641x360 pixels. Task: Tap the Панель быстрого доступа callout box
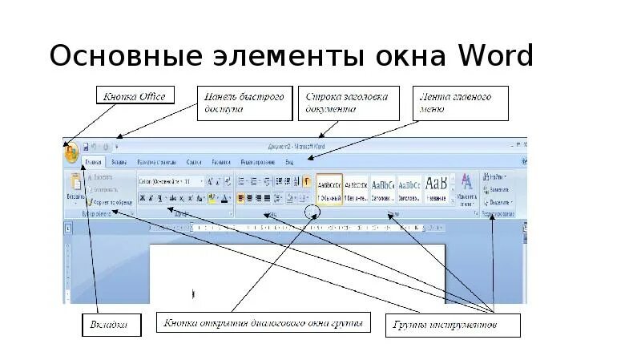[x=244, y=103]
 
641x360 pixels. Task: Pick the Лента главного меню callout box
[x=454, y=103]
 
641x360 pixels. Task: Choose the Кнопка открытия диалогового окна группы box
[x=264, y=324]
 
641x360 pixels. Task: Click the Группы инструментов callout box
[x=454, y=325]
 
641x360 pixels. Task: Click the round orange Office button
[x=71, y=149]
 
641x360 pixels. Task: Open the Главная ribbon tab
[x=94, y=162]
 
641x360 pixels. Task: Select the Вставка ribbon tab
[x=119, y=162]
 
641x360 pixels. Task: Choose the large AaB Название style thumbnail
[x=436, y=188]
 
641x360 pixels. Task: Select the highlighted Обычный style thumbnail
[x=329, y=188]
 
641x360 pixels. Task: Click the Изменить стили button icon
[x=466, y=188]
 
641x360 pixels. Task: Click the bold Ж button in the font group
[x=143, y=197]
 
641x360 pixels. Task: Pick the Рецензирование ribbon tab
[x=257, y=162]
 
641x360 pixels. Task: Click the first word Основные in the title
[x=125, y=58]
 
